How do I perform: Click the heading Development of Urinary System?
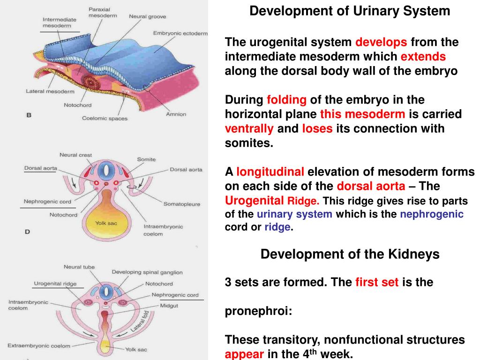pyautogui.click(x=350, y=11)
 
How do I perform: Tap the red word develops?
pyautogui.click(x=381, y=42)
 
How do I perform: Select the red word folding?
pyautogui.click(x=286, y=100)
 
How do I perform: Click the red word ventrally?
pyautogui.click(x=249, y=128)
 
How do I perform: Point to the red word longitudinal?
pyautogui.click(x=270, y=172)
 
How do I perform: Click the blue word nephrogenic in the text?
pyautogui.click(x=432, y=214)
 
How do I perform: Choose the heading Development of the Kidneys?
pyautogui.click(x=350, y=254)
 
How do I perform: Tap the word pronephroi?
pyautogui.click(x=258, y=311)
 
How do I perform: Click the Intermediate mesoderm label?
pyautogui.click(x=60, y=22)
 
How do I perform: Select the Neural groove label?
pyautogui.click(x=148, y=16)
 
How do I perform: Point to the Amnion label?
pyautogui.click(x=176, y=114)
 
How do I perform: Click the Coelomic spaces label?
pyautogui.click(x=105, y=119)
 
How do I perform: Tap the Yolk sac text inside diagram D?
pyautogui.click(x=106, y=223)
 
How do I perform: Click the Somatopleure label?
pyautogui.click(x=182, y=204)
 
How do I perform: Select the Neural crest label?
pyautogui.click(x=75, y=155)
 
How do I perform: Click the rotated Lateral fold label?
pyautogui.click(x=140, y=321)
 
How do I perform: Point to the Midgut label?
pyautogui.click(x=169, y=306)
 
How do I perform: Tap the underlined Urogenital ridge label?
pyautogui.click(x=55, y=284)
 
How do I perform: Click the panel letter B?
pyautogui.click(x=29, y=115)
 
